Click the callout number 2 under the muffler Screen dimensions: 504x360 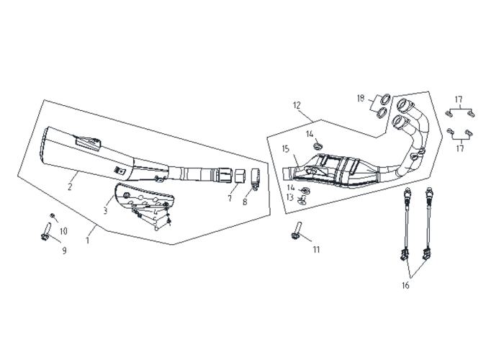tap(70, 186)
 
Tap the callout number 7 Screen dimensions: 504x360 tap(230, 199)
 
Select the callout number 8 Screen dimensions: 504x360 tap(245, 202)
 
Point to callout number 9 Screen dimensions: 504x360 tap(64, 251)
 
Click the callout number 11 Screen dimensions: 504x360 tap(317, 249)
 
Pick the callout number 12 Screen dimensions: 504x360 tap(297, 105)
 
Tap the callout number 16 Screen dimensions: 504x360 tap(405, 285)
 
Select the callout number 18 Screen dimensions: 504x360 tap(361, 98)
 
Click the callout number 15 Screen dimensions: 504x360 tap(286, 149)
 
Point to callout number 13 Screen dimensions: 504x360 tap(290, 197)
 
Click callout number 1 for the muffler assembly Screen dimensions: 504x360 tap(87, 240)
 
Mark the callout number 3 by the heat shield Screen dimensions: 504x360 tap(105, 211)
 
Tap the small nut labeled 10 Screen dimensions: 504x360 tap(52, 215)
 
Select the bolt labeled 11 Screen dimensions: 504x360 tap(296, 230)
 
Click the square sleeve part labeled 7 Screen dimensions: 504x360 tap(238, 176)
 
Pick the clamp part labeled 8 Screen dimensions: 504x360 tap(255, 178)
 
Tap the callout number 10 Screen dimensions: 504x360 tap(63, 231)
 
